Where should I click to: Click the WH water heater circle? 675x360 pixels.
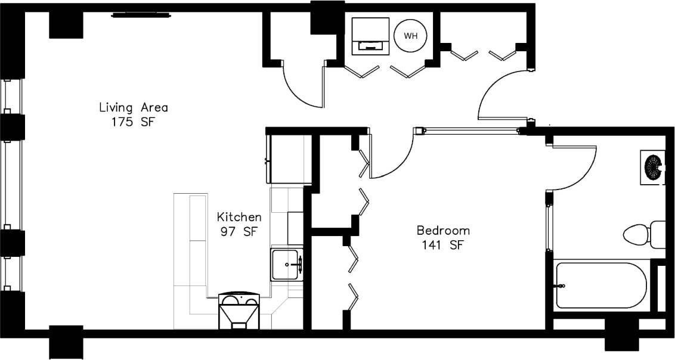click(x=410, y=35)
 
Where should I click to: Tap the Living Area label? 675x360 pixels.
click(x=133, y=108)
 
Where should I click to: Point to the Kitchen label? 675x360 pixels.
click(x=239, y=217)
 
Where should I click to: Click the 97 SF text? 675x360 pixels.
click(x=239, y=232)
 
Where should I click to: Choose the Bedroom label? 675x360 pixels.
click(x=443, y=230)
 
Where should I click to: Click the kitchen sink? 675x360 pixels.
click(x=287, y=265)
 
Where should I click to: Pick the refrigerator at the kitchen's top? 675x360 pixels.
click(x=287, y=159)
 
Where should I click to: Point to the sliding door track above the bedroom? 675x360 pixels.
click(x=471, y=129)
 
